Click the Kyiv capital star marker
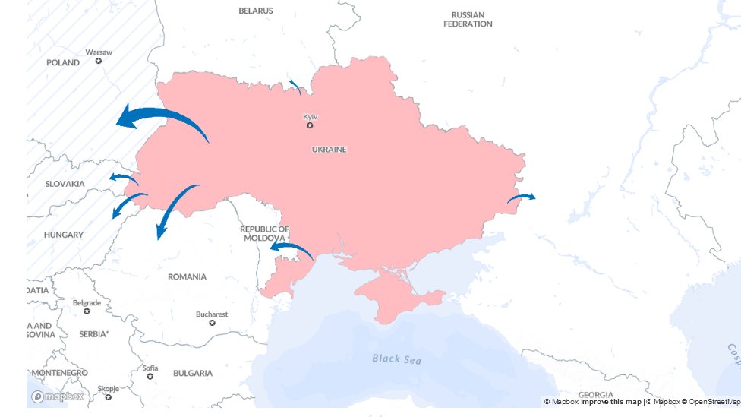[310, 125]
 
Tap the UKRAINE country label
[329, 150]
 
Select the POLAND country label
[63, 63]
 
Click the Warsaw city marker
[98, 61]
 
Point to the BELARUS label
[256, 11]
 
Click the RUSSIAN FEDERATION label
[468, 20]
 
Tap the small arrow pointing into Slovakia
[123, 178]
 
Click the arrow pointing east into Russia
[521, 197]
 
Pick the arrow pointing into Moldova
[292, 248]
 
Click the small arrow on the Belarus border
[295, 86]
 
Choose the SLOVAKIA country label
[65, 184]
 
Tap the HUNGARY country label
[64, 235]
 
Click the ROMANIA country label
[187, 277]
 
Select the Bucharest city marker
[212, 323]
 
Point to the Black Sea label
[396, 359]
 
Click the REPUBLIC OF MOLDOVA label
[264, 233]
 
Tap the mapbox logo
[58, 396]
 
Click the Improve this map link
[611, 402]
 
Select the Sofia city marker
[150, 376]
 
